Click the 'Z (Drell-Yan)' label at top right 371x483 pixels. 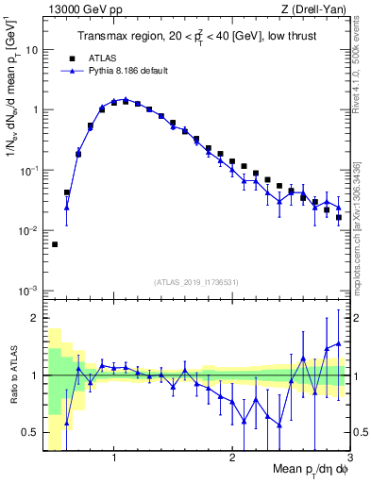pyautogui.click(x=316, y=8)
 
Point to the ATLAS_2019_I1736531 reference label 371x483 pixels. pyautogui.click(x=195, y=281)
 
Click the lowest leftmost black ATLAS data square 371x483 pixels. pyautogui.click(x=55, y=244)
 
